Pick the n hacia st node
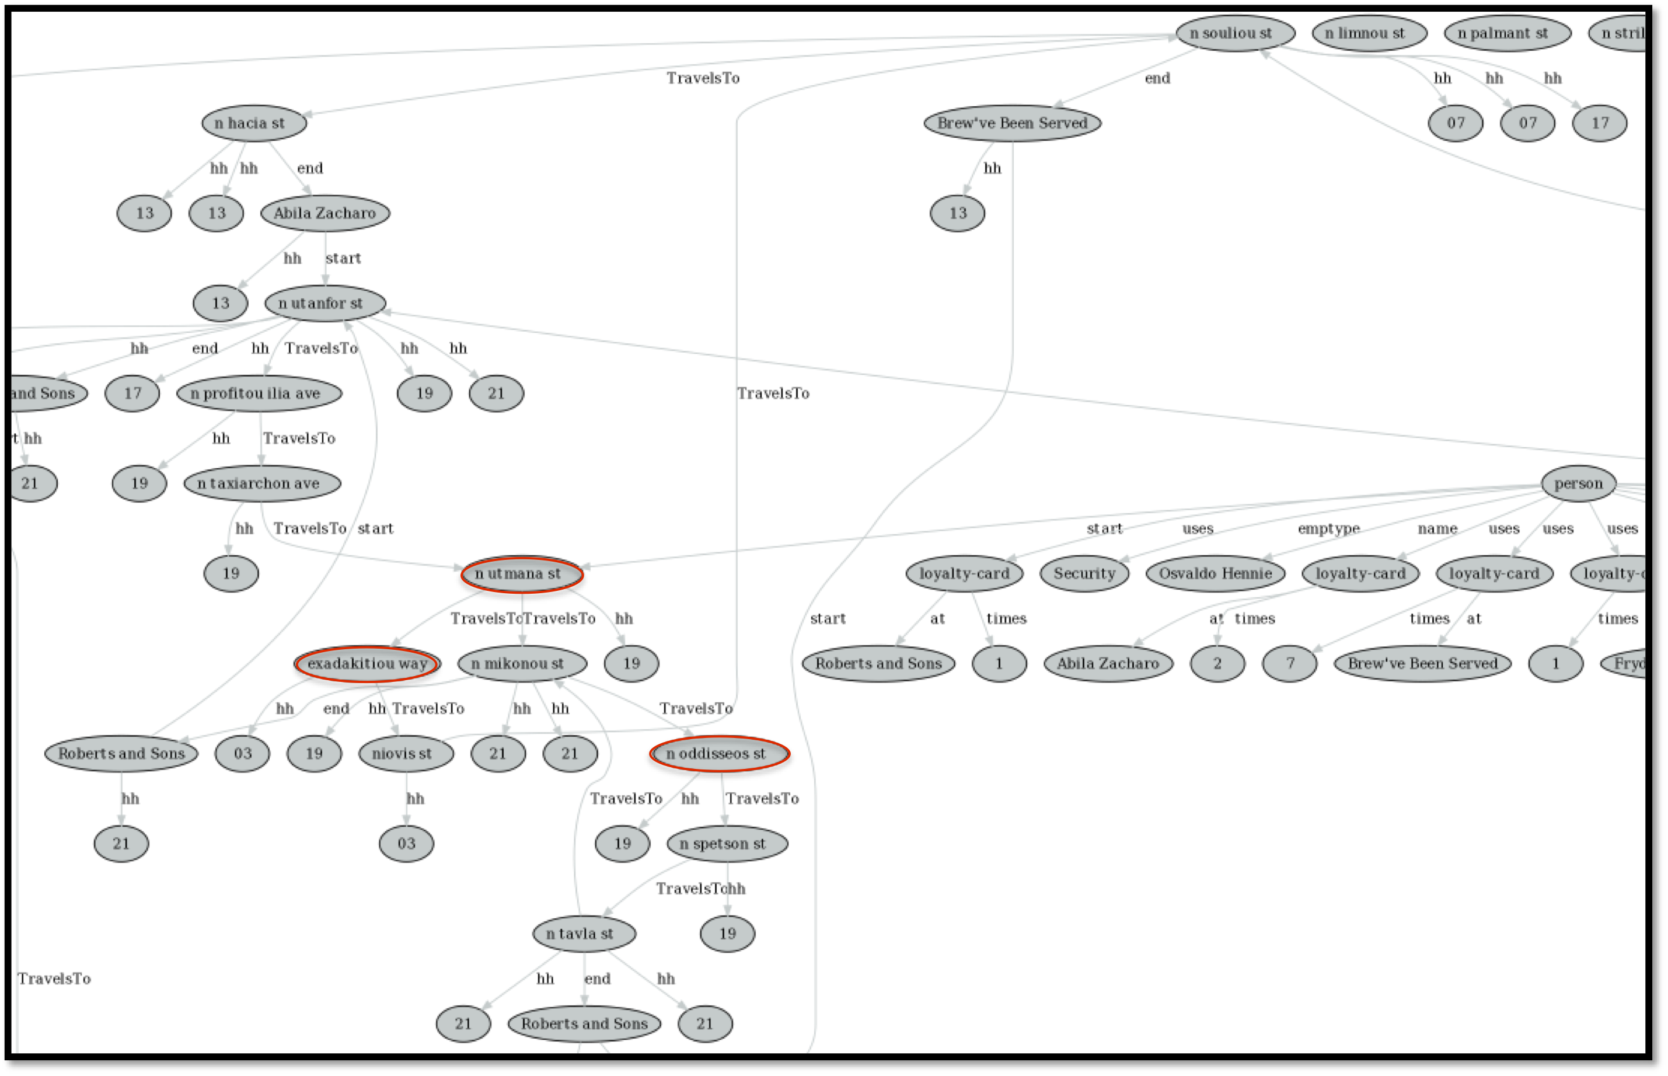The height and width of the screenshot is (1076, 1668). coord(253,124)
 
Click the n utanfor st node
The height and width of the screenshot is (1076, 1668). coord(325,303)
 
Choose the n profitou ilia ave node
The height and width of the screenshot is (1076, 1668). coord(259,394)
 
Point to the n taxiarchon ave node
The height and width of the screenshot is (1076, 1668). coord(262,483)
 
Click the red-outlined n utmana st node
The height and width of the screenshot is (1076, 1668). coord(521,574)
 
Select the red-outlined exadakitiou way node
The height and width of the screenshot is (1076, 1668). coord(367,664)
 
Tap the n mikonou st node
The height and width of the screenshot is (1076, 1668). coord(521,664)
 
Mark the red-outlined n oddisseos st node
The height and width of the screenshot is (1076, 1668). coord(719,754)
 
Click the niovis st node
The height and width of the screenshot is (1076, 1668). coord(405,754)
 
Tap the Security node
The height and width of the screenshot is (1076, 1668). coord(1084,574)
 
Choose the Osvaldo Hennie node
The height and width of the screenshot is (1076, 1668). coord(1215,574)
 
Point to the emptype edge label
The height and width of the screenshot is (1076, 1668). coord(1328,529)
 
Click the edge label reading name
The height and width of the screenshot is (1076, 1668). coord(1437,529)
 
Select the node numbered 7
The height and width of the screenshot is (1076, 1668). coord(1289,664)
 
